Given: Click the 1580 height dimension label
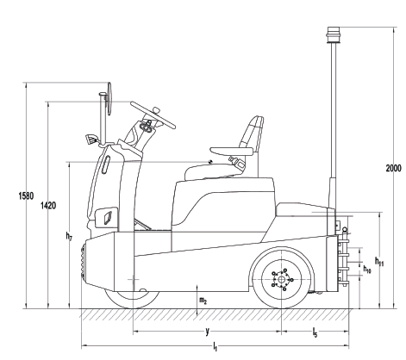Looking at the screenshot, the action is tap(26, 196).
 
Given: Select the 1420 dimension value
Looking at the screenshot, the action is tap(48, 206).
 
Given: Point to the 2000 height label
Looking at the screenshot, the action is tap(393, 168).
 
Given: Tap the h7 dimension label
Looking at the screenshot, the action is tap(69, 236).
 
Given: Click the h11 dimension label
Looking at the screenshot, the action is tap(379, 261).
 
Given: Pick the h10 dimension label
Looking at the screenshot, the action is tap(367, 269).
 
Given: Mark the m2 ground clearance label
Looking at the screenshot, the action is tap(203, 301).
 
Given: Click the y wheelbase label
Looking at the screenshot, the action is tap(207, 331).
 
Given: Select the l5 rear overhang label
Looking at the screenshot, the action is tap(315, 332).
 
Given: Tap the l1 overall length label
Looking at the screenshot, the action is tap(215, 347).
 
